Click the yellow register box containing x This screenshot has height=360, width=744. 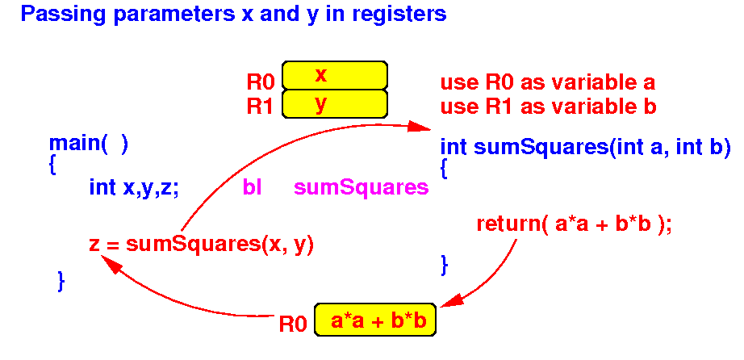(x=335, y=75)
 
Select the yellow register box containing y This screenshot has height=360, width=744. (x=335, y=103)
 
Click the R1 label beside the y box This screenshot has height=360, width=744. (x=261, y=107)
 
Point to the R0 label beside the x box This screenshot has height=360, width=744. (x=261, y=83)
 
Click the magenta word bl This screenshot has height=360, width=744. (x=252, y=187)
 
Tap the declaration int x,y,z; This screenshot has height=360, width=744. (x=134, y=189)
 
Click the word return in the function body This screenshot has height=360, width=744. (x=508, y=224)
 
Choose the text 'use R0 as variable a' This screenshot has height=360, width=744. (x=548, y=83)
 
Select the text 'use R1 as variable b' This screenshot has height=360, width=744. (x=549, y=107)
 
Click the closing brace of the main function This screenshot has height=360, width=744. (x=61, y=281)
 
